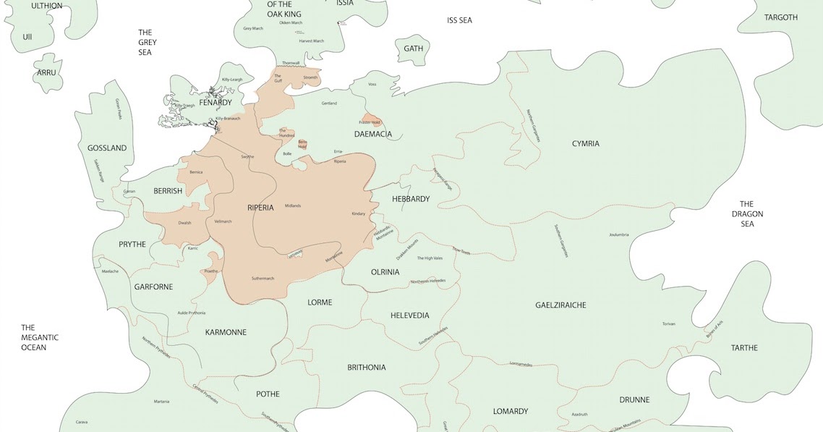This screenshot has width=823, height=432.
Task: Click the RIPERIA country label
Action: (x=260, y=208)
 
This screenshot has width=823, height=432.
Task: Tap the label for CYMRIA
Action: (x=585, y=143)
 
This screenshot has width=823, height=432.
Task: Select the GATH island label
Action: (x=413, y=48)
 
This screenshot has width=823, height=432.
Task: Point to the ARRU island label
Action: (x=46, y=72)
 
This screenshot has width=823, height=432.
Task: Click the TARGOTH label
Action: (x=780, y=17)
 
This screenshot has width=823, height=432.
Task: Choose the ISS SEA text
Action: (x=459, y=20)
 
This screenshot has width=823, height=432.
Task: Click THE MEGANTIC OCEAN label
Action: (x=39, y=337)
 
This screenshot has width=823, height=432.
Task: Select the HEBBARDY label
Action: (x=411, y=199)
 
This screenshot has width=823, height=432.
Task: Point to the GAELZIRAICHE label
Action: (x=560, y=305)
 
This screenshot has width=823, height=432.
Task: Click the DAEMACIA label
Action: (x=373, y=135)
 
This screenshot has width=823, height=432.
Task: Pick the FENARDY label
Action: (x=216, y=103)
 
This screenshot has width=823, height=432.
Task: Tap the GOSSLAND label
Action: (x=106, y=148)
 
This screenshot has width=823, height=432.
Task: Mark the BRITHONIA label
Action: (x=366, y=368)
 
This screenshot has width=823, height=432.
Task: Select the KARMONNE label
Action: (x=226, y=333)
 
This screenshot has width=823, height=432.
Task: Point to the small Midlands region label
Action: (x=293, y=206)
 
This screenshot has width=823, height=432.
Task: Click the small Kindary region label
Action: (x=359, y=214)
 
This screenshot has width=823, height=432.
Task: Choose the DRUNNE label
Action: (x=634, y=399)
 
